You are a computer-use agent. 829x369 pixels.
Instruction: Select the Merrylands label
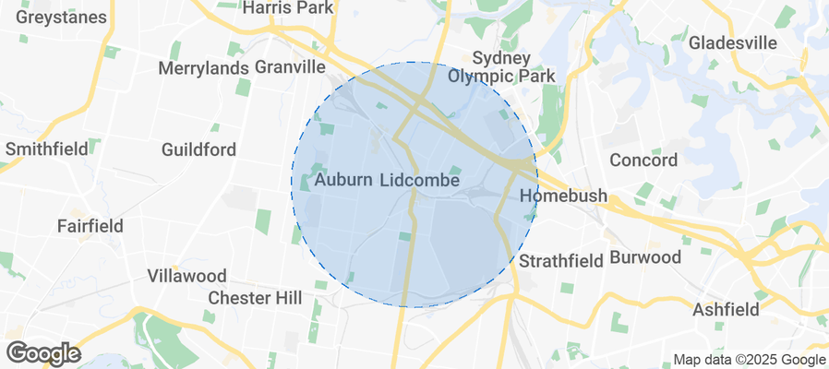(x=203, y=67)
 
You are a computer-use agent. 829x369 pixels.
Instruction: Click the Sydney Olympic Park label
(x=501, y=67)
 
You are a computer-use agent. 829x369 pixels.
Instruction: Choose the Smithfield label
(x=47, y=149)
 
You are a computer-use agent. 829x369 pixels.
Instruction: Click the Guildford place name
(x=198, y=149)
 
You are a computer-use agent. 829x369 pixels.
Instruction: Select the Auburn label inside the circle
(x=343, y=181)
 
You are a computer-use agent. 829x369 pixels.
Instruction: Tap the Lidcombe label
(x=420, y=181)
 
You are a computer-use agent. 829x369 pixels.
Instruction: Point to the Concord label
(x=643, y=160)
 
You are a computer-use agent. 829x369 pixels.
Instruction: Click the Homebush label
(x=563, y=196)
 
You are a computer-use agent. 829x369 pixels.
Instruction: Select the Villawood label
(x=187, y=276)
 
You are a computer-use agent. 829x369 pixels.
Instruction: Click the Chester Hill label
(x=255, y=298)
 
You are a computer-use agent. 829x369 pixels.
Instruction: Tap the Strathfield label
(x=560, y=262)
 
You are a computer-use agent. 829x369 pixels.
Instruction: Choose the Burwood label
(x=644, y=256)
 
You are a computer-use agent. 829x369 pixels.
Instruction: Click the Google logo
(x=42, y=353)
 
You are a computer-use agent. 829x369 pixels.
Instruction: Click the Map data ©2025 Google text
(x=749, y=360)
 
